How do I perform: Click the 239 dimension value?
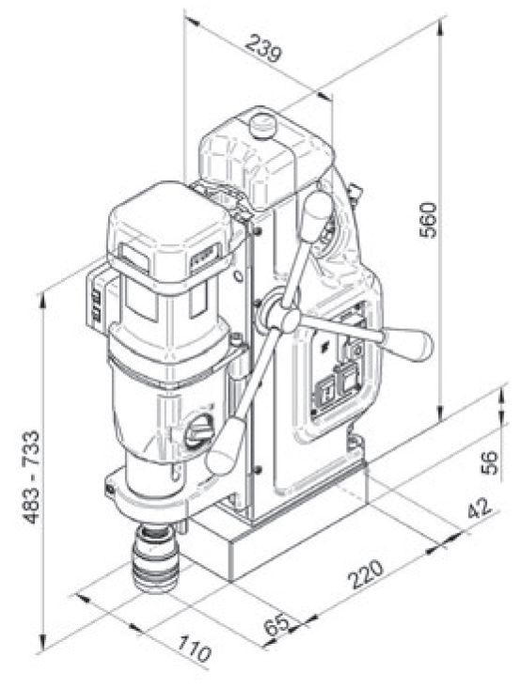262,49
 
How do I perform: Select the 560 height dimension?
429,220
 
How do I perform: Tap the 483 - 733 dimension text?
31,477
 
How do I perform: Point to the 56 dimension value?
489,462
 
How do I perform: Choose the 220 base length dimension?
366,574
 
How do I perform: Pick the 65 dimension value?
277,625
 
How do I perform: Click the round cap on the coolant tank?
262,126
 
